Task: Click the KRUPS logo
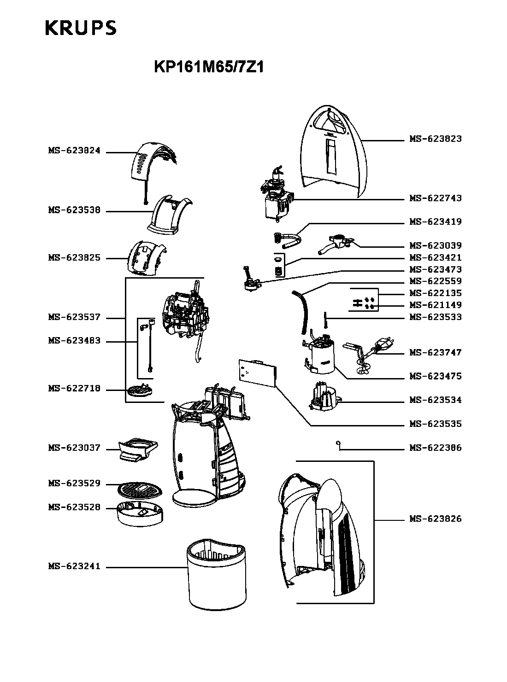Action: pos(81,28)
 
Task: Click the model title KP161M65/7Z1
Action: pos(209,67)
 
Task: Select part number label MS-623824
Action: pos(74,151)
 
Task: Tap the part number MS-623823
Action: pos(435,139)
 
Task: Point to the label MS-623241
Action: pos(74,566)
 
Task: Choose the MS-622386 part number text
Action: pos(435,448)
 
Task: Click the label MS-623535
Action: pos(435,424)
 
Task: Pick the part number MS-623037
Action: pos(74,448)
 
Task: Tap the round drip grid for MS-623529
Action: pos(140,489)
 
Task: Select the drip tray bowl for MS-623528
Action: pos(140,513)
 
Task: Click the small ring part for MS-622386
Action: pos(338,443)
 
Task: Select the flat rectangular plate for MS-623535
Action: pos(258,373)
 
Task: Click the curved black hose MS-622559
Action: pos(301,312)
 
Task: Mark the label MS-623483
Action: pos(74,341)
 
